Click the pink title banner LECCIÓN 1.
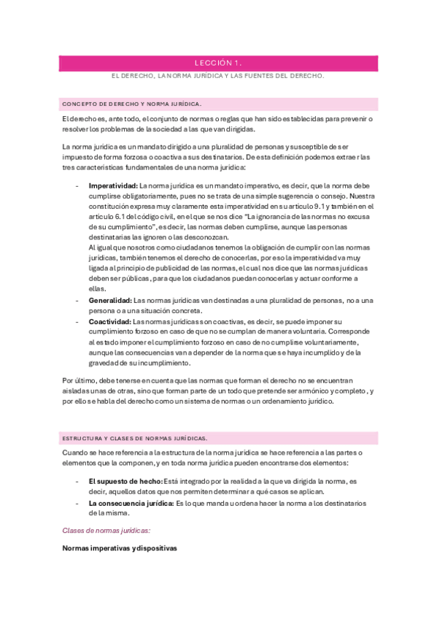(218, 64)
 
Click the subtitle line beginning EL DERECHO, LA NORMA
(218, 75)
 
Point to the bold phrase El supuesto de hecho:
(120, 482)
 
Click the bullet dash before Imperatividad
(78, 186)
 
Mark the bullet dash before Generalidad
(78, 301)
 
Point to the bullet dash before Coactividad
(78, 321)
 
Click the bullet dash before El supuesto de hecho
(78, 482)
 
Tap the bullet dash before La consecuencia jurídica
(78, 503)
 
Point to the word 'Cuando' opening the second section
(75, 453)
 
